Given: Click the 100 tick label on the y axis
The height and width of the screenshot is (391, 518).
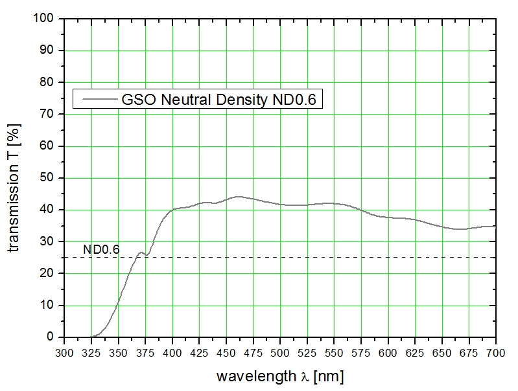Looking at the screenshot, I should point(49,19).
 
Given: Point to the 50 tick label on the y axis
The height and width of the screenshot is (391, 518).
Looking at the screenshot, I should point(51,178).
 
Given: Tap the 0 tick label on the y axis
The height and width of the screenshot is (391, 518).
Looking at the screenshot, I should point(54,337).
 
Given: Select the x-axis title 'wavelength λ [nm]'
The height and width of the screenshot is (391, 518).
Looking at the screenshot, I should point(279,375).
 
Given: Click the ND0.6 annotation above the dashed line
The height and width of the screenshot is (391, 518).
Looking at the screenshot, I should point(101,249).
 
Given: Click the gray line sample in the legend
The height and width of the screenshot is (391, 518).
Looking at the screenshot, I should point(96,100).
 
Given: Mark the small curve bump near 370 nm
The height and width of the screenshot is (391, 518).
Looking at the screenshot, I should point(141,252).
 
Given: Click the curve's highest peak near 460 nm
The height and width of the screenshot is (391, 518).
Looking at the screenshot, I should point(237,196).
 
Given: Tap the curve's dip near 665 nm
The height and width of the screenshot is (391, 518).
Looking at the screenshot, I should point(458,229).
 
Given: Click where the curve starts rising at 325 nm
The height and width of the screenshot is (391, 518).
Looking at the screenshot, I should point(92,336).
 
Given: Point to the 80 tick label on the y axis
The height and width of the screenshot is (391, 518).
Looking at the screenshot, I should point(51,82).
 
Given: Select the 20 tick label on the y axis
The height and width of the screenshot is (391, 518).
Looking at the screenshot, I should point(51,273).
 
